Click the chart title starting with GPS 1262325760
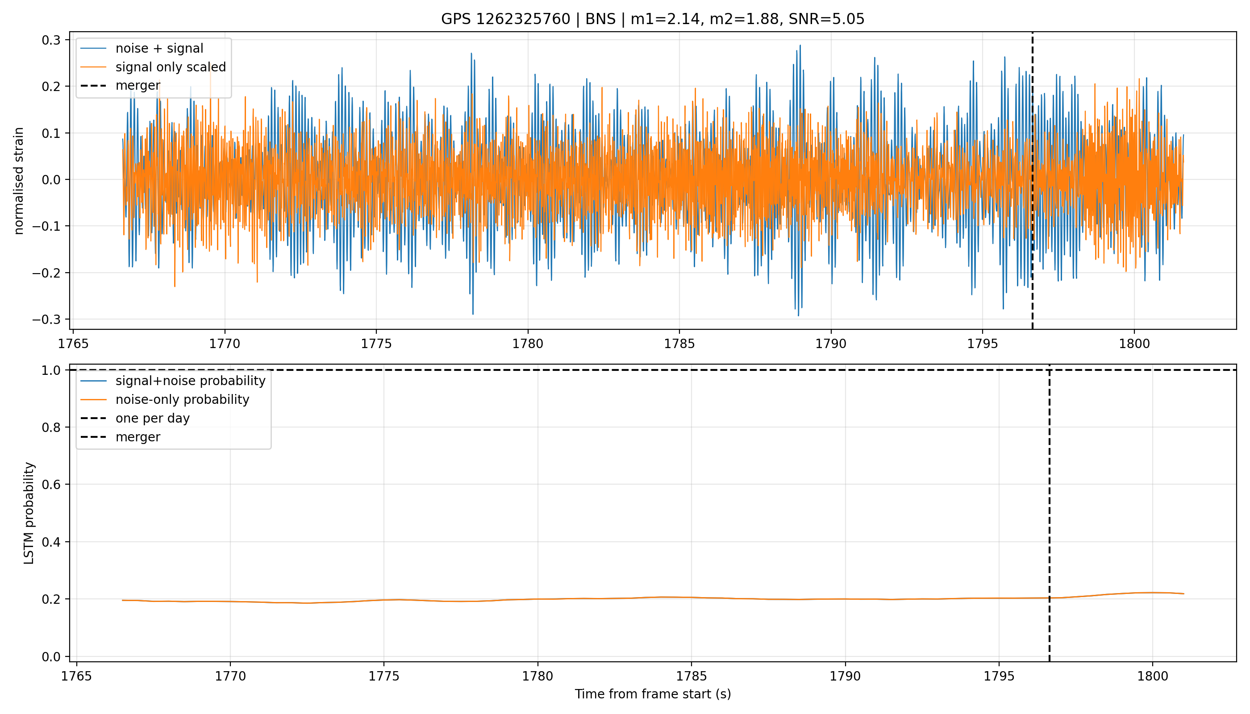pos(653,19)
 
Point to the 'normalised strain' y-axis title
pos(19,181)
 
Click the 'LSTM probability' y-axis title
pos(29,513)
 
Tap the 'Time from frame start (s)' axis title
pos(653,694)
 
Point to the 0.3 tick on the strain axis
pos(51,40)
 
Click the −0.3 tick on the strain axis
pos(46,319)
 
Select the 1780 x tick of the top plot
pos(528,344)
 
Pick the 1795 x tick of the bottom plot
pos(999,676)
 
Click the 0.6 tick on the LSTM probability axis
pos(51,485)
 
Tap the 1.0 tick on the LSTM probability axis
pos(51,370)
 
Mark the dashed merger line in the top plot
pos(1033,180)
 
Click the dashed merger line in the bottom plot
pos(1050,513)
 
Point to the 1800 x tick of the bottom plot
pos(1152,676)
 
